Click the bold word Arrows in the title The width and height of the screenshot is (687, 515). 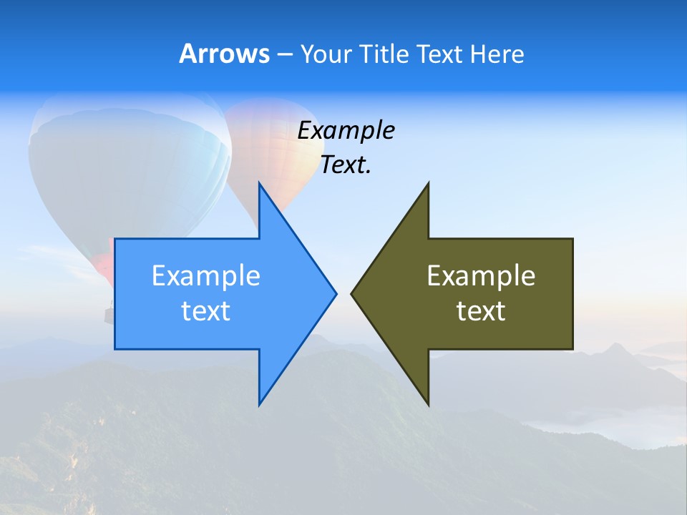[223, 54]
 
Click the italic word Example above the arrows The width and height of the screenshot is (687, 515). [346, 131]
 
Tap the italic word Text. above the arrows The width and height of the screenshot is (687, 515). [346, 165]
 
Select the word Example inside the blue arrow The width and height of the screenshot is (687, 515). [206, 276]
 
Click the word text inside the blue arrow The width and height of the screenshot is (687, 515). [206, 311]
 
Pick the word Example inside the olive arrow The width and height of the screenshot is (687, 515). [481, 276]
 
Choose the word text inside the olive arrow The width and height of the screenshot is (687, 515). [481, 311]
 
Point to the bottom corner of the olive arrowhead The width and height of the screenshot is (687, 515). [428, 404]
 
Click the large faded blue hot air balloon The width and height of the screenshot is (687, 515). [129, 172]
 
